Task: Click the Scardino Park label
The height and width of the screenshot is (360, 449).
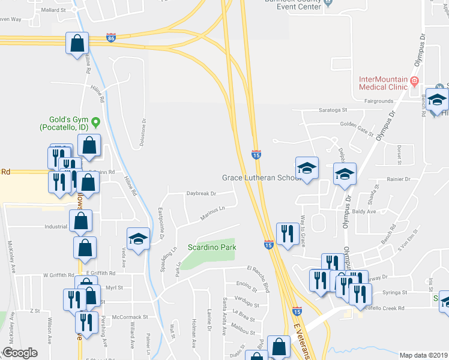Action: [x=212, y=247]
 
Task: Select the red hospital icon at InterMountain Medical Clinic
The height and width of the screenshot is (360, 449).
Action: [x=414, y=81]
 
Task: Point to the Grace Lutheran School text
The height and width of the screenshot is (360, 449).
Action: [x=260, y=178]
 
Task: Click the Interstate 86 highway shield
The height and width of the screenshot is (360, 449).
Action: [x=111, y=37]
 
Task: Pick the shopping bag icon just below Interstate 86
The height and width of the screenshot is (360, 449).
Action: [x=77, y=44]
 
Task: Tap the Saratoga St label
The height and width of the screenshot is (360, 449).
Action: [x=332, y=110]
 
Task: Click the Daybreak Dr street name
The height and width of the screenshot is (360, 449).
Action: [x=201, y=194]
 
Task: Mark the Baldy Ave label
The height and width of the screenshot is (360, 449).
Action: [x=363, y=211]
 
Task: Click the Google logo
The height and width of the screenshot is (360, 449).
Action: [x=20, y=353]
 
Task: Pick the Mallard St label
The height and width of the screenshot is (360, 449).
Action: [x=55, y=10]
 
